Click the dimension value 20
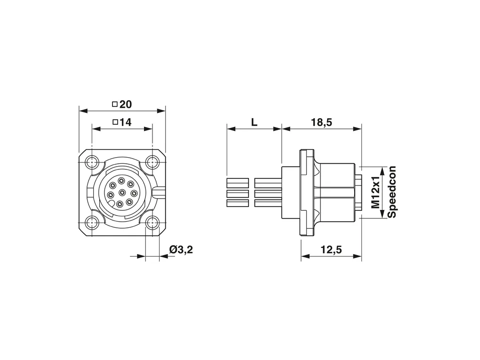point(126,104)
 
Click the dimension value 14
point(126,122)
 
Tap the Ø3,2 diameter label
point(181,250)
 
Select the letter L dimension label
point(254,122)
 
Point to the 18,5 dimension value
point(321,122)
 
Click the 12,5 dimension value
point(331,250)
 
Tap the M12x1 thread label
point(376,192)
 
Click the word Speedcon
point(392,192)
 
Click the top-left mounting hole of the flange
point(92,162)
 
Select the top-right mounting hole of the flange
point(152,162)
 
